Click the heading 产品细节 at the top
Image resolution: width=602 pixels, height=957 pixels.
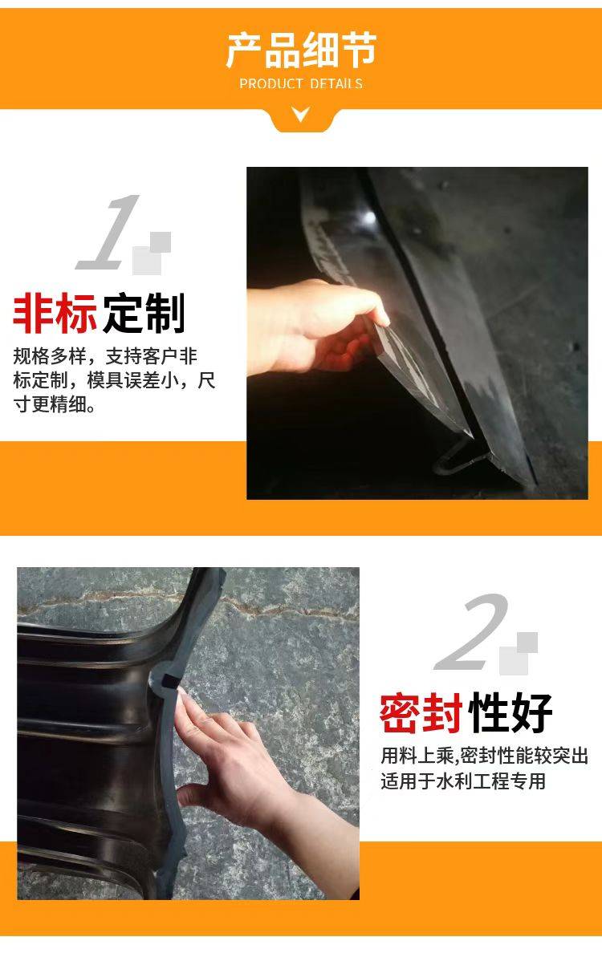pos(301,50)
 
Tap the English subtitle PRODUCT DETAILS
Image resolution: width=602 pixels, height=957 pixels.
pos(301,83)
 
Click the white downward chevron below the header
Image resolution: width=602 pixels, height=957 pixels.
pos(300,114)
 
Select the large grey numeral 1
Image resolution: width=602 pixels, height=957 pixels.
pos(108,232)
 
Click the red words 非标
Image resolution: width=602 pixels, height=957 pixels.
pos(55,314)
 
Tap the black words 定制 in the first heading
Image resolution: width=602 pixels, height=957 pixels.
pos(144,314)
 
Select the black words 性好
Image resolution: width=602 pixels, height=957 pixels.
pos(510,713)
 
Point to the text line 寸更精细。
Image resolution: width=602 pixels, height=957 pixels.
pos(55,403)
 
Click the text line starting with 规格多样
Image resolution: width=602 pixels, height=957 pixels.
pos(105,356)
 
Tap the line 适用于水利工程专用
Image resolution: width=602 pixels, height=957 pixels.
pos(463,781)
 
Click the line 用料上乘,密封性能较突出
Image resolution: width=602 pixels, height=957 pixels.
pos(485,756)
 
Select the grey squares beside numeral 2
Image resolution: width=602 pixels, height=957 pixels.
pos(519,652)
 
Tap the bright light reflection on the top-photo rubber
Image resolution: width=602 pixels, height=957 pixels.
pos(369,217)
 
